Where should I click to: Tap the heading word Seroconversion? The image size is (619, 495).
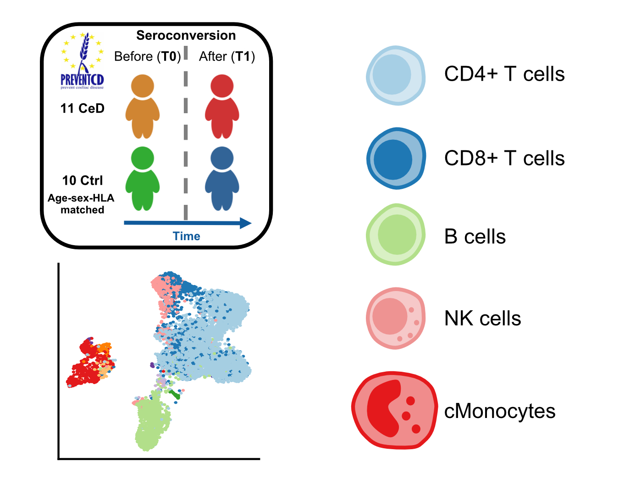(x=186, y=35)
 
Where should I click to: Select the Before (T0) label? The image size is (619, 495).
(x=147, y=56)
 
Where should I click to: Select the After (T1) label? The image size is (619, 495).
(x=227, y=56)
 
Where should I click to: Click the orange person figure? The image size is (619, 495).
(x=143, y=108)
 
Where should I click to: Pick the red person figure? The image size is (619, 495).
(x=222, y=108)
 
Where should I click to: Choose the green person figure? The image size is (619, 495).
(x=143, y=180)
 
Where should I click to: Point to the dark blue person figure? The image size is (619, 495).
(x=222, y=180)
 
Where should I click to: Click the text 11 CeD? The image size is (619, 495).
(x=83, y=109)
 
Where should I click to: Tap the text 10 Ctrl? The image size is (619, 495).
(x=83, y=180)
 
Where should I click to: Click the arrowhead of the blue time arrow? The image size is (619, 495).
(x=246, y=223)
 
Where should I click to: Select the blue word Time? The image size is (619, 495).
(x=186, y=236)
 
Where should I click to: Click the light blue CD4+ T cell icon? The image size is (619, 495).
(x=395, y=76)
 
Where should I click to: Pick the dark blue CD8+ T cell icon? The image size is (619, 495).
(x=395, y=159)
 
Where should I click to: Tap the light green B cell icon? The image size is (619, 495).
(x=395, y=235)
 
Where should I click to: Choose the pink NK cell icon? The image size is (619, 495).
(x=395, y=319)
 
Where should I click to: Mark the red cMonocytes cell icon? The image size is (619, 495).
(x=394, y=410)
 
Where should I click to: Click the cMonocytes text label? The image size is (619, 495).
(x=500, y=411)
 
